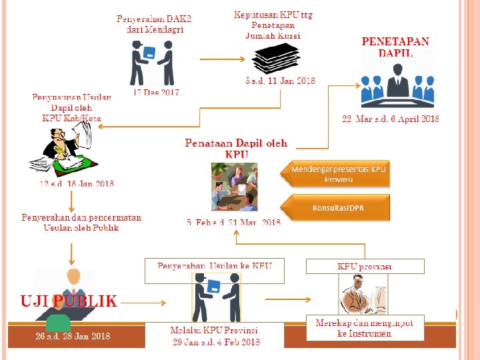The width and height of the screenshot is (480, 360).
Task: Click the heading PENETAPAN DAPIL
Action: (395, 47)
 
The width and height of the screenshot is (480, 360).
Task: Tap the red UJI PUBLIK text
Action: (69, 301)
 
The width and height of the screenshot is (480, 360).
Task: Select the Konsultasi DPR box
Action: (337, 208)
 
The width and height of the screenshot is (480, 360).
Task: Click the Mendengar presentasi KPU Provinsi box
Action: (338, 174)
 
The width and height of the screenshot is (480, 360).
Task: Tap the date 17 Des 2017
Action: (157, 92)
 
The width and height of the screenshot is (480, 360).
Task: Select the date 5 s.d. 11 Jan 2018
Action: (280, 81)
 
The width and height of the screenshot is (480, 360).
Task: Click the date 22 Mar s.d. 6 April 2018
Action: (391, 119)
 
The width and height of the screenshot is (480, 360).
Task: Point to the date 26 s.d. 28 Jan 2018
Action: (73, 336)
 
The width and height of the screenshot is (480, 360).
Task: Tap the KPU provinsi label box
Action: (365, 266)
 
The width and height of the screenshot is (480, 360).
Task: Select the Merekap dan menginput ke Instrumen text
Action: (364, 328)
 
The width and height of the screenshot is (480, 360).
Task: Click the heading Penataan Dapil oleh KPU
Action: (236, 148)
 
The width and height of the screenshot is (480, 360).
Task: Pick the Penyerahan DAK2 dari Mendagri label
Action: (154, 25)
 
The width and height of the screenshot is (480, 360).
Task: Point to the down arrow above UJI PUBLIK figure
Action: (71, 253)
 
